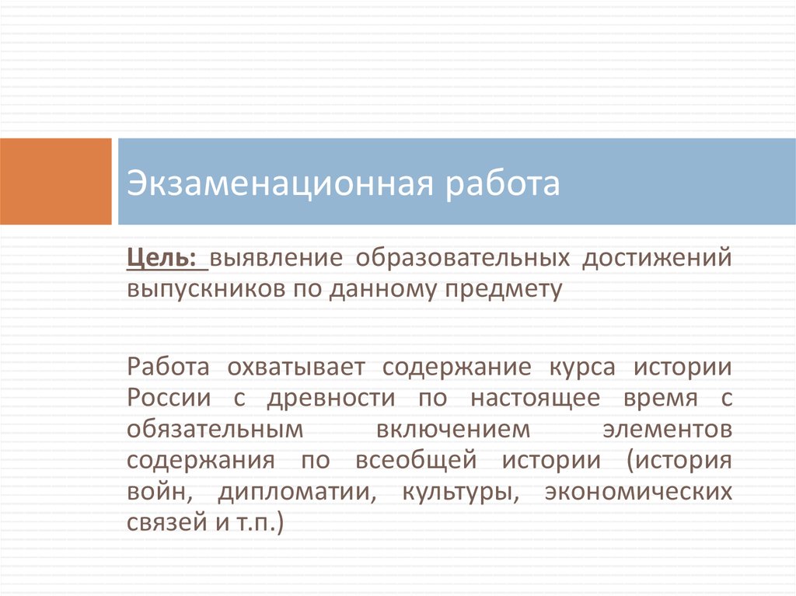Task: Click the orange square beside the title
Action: [55, 181]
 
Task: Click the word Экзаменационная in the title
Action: [280, 183]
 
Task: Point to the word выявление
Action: [276, 258]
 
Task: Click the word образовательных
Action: [463, 258]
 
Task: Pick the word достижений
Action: [657, 259]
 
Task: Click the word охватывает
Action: [296, 367]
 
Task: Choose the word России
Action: [169, 398]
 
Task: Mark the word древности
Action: [331, 399]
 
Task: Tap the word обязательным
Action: [215, 429]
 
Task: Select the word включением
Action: [453, 430]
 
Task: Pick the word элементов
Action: [668, 430]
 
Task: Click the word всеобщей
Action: [417, 460]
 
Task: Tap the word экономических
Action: [638, 491]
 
